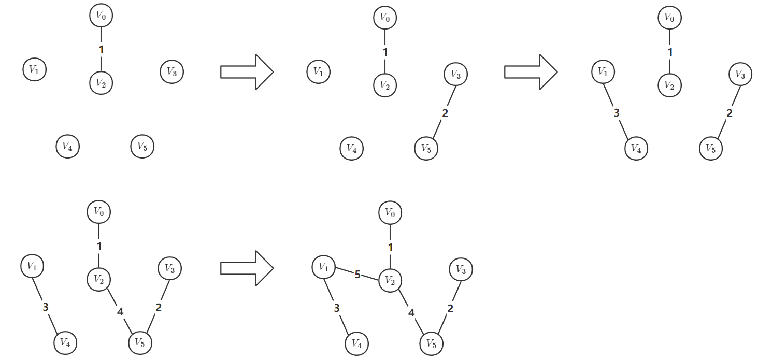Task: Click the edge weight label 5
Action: pyautogui.click(x=357, y=275)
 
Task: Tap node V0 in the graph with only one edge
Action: pyautogui.click(x=101, y=16)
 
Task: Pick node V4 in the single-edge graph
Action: pyautogui.click(x=67, y=146)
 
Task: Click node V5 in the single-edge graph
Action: pyautogui.click(x=142, y=146)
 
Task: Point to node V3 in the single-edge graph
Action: pyautogui.click(x=171, y=71)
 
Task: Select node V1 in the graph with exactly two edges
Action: pyautogui.click(x=318, y=71)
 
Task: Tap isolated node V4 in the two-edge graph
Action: pyautogui.click(x=351, y=149)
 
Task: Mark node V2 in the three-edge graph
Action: pyautogui.click(x=669, y=84)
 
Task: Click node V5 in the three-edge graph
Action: pyautogui.click(x=711, y=149)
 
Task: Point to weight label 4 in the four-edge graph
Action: pyautogui.click(x=120, y=312)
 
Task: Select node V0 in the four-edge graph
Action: pyautogui.click(x=98, y=211)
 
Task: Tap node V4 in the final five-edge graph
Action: pyautogui.click(x=356, y=343)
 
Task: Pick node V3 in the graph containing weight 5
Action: pyautogui.click(x=461, y=269)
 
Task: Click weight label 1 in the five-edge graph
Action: pyautogui.click(x=390, y=248)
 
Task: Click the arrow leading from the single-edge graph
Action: pyautogui.click(x=247, y=71)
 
